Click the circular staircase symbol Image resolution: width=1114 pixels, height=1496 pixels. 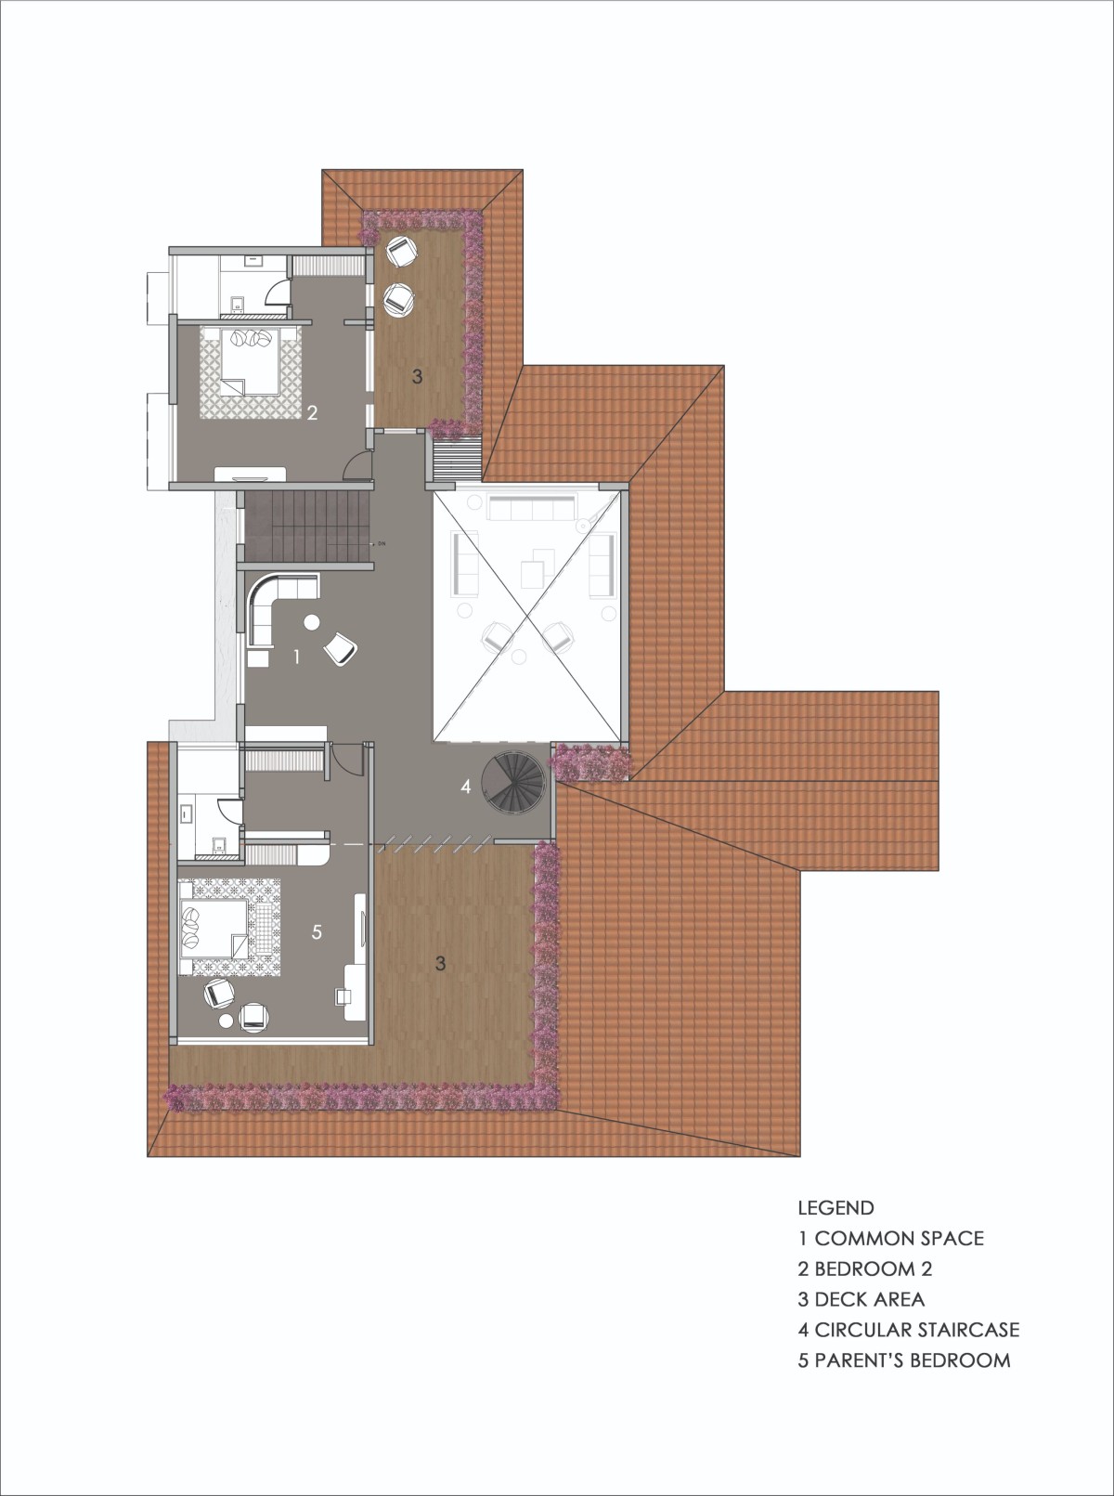click(513, 784)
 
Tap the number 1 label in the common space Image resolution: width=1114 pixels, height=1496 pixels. click(296, 657)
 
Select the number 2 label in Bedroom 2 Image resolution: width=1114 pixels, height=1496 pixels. click(312, 412)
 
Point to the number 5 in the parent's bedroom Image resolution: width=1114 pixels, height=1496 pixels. click(317, 931)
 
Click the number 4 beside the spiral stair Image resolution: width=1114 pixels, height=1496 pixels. click(465, 786)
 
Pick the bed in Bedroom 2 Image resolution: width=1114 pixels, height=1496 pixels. click(251, 362)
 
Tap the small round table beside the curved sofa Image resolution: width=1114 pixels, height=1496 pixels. click(312, 622)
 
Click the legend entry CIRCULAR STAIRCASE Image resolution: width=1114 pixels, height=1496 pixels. click(917, 1330)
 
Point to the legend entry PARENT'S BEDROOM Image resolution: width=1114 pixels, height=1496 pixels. click(913, 1360)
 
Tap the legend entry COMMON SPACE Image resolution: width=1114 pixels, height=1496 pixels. click(900, 1239)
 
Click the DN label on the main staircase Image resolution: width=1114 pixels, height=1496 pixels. click(381, 543)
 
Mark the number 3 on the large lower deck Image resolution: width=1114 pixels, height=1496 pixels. click(440, 964)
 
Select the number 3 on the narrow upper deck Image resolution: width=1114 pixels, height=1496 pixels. click(417, 376)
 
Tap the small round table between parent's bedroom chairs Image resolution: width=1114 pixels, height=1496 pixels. click(227, 1021)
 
